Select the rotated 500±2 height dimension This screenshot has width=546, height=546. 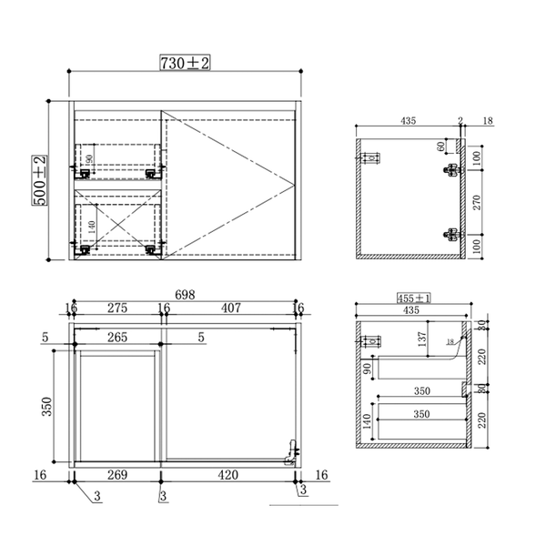pyautogui.click(x=41, y=179)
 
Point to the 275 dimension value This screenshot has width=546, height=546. pyautogui.click(x=116, y=308)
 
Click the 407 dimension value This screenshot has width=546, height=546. pyautogui.click(x=230, y=308)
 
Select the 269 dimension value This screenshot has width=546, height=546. pyautogui.click(x=117, y=475)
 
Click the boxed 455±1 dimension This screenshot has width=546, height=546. pyautogui.click(x=414, y=298)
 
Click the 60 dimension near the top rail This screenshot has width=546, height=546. pyautogui.click(x=440, y=146)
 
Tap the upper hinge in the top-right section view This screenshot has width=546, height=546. pyautogui.click(x=450, y=169)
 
